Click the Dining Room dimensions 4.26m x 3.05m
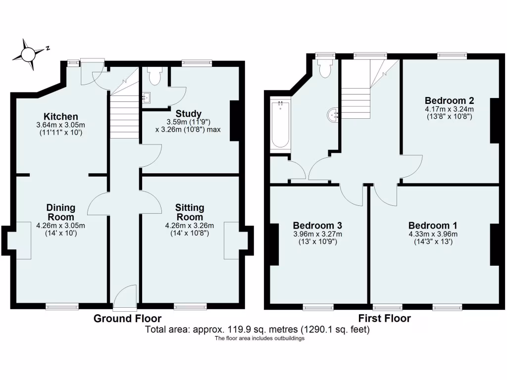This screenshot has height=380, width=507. pos(61,226)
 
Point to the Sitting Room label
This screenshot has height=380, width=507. pos(190,212)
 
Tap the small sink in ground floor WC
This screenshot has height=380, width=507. pos(146,97)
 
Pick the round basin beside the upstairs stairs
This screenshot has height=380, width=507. pos(333,115)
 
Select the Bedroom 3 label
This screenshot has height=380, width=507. pos(317,225)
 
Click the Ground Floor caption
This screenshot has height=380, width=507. pos(127,318)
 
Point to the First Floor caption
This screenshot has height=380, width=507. pos(384,318)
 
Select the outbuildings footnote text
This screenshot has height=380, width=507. pos(259,338)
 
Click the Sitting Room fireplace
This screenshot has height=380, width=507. pos(232,240)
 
